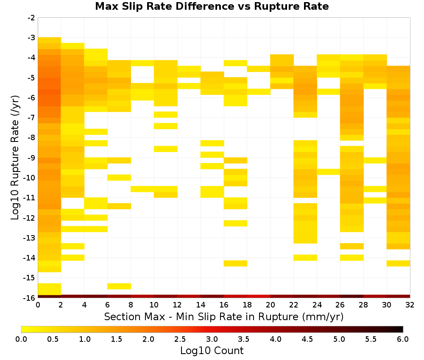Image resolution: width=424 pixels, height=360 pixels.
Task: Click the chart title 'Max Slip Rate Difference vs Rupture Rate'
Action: pos(212,6)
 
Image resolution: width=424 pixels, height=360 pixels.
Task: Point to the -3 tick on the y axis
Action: pos(31,38)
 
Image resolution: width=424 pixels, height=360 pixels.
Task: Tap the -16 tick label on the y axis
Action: pos(30,298)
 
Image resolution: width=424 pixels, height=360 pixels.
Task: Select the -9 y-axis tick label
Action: pos(31,158)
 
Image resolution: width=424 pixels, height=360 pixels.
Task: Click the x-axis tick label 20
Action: pos(271,305)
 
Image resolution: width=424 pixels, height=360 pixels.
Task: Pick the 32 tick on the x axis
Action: pos(410,305)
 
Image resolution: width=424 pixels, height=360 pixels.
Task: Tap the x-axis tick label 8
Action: pos(131,305)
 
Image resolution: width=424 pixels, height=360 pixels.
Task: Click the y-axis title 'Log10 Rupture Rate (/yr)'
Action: pos(15,158)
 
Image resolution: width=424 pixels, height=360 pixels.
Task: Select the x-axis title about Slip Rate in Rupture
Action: pos(224,317)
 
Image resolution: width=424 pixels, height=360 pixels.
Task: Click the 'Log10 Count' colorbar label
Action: pos(212,351)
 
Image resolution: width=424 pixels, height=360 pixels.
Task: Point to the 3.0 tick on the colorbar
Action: pos(212,339)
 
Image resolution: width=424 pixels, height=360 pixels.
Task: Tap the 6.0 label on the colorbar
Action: pos(403,339)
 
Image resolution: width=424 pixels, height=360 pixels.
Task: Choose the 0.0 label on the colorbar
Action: pos(21,339)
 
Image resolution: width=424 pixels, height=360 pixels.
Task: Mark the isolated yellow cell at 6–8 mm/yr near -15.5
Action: pos(119,286)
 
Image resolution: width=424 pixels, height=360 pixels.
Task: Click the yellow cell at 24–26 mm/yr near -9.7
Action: pos(329,172)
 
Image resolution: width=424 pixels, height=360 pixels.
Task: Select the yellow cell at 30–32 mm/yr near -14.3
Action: pos(398,263)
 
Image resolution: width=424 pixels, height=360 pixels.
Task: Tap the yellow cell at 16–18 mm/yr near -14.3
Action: pos(235,263)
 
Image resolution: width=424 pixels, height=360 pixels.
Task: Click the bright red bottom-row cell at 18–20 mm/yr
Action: pos(259,296)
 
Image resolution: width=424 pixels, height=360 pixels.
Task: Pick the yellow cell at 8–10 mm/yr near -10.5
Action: pos(142,189)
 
